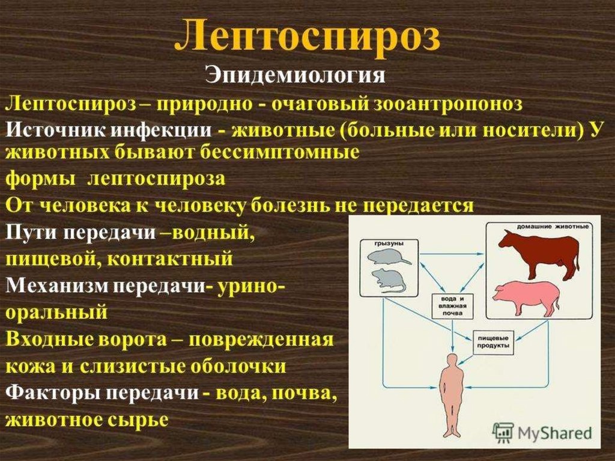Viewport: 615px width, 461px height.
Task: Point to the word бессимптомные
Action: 280,152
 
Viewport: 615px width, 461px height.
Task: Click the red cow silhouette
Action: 539,254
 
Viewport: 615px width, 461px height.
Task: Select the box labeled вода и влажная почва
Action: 453,306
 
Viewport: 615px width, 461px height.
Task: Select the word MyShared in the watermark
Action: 554,433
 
